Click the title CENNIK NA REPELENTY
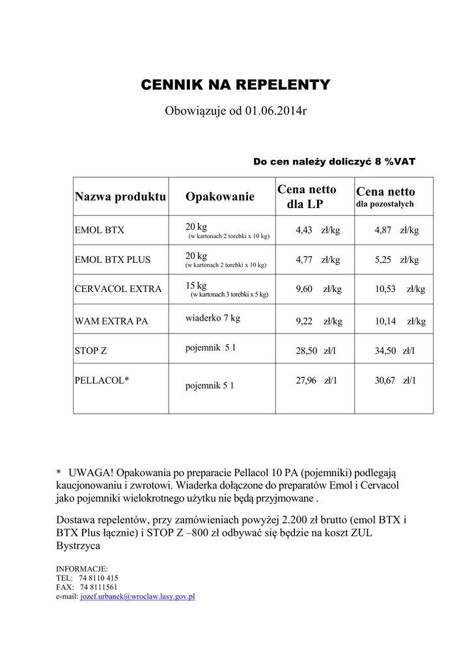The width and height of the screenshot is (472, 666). (236, 85)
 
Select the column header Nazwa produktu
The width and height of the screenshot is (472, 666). (120, 196)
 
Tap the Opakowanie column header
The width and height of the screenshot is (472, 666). (219, 196)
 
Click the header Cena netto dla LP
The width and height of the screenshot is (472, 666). (307, 196)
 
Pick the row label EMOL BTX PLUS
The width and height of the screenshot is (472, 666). (113, 260)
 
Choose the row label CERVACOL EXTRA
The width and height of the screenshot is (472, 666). (118, 289)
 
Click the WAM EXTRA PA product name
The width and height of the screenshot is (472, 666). (111, 321)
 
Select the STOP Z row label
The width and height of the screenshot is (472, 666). (91, 351)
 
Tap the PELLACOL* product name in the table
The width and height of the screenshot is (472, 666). (102, 380)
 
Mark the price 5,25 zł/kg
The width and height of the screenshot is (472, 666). (396, 260)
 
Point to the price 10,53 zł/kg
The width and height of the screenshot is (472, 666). (400, 289)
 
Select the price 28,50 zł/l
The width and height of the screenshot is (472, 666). (316, 351)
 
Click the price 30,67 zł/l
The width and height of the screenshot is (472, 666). (395, 380)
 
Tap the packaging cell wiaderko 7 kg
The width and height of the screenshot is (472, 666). (213, 318)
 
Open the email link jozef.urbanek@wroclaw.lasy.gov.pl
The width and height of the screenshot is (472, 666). (137, 596)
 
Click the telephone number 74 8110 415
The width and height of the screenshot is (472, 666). (98, 578)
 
